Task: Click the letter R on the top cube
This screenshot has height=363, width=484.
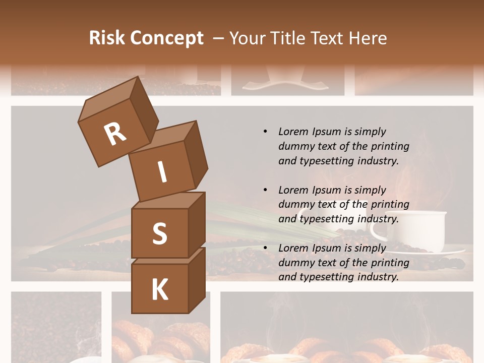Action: [115, 134]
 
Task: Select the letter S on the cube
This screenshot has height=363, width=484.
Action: [159, 233]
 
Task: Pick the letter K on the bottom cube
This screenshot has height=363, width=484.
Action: [159, 290]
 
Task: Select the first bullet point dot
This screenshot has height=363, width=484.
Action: [265, 132]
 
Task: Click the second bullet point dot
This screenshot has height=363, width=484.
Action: [265, 190]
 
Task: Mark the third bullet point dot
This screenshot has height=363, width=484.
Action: [265, 248]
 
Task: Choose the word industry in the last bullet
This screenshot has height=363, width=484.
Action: [378, 277]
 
